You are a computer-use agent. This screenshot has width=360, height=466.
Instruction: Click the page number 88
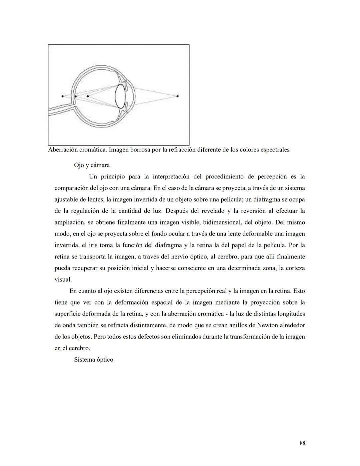302,443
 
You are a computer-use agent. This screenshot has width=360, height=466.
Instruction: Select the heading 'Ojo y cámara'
92,165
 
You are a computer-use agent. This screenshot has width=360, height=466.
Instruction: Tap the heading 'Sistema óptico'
94,360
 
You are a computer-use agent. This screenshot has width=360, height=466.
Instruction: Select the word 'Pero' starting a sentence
101,337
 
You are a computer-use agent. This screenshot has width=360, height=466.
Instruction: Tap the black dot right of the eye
177,96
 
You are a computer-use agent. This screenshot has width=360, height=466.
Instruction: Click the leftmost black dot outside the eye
63,96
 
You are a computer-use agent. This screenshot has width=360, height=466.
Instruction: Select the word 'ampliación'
69,222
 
